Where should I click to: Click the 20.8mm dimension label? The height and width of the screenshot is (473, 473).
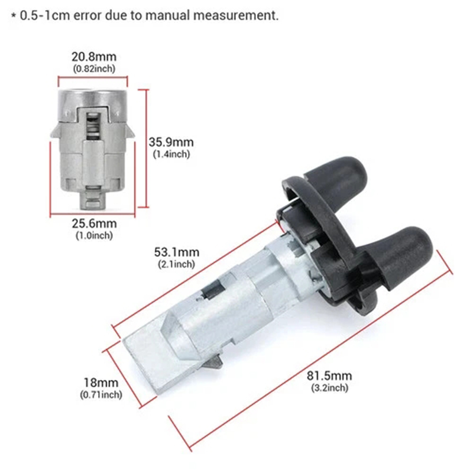pyautogui.click(x=94, y=57)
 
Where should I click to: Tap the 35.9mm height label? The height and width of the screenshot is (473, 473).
pyautogui.click(x=171, y=142)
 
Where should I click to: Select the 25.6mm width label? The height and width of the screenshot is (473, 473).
pyautogui.click(x=94, y=223)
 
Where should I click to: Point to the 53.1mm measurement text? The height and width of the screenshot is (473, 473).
pyautogui.click(x=176, y=252)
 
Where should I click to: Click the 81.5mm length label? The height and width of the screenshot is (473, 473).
pyautogui.click(x=329, y=376)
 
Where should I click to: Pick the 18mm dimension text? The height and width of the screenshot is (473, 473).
pyautogui.click(x=101, y=383)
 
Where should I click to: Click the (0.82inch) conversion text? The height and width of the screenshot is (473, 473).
pyautogui.click(x=94, y=69)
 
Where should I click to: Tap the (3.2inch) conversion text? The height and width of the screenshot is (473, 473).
pyautogui.click(x=330, y=388)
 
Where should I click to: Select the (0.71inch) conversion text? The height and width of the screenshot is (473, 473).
pyautogui.click(x=101, y=394)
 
